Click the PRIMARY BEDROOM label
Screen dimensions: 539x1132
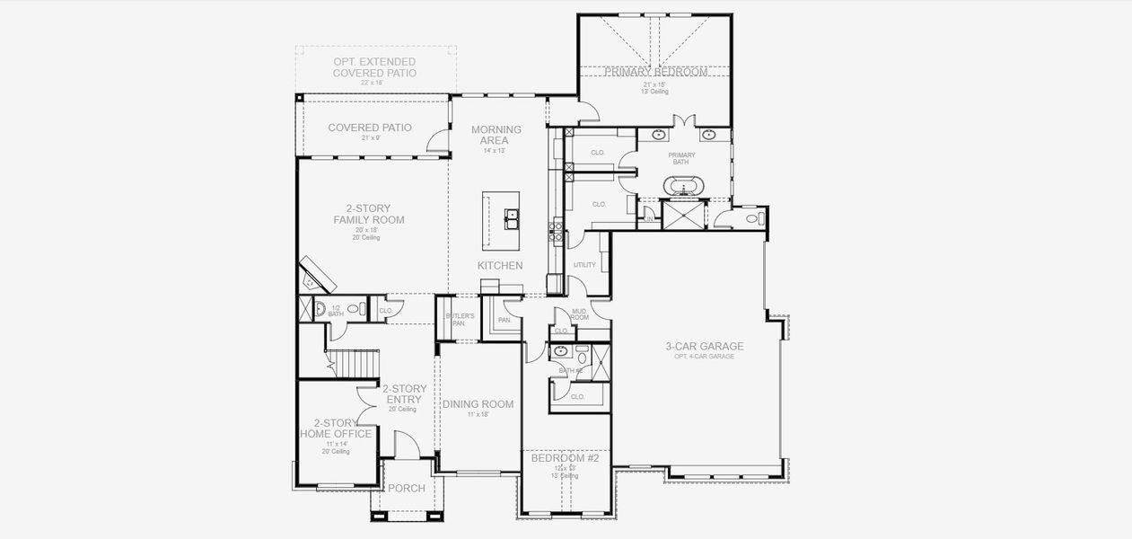click(655, 72)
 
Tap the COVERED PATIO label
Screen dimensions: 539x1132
click(370, 128)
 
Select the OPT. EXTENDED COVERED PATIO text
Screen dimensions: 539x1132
click(374, 67)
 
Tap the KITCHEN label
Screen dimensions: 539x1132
click(499, 266)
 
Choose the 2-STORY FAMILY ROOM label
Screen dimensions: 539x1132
click(368, 214)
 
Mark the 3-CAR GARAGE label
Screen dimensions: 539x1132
click(704, 347)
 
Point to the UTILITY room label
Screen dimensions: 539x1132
click(584, 265)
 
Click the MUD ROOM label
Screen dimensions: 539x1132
click(579, 314)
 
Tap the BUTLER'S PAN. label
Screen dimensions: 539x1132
click(459, 320)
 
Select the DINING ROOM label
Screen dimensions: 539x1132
click(478, 404)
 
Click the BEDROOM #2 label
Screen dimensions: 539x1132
click(565, 458)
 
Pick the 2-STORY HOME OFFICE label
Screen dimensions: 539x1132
click(336, 429)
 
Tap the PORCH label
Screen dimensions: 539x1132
click(406, 488)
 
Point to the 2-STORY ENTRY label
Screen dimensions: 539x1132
click(404, 394)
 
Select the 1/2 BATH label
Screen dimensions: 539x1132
click(336, 310)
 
